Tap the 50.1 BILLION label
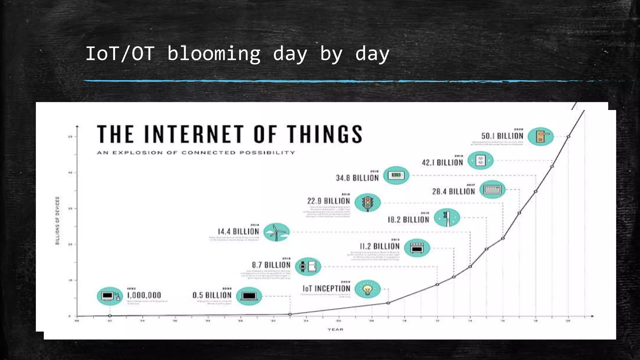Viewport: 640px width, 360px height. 502,136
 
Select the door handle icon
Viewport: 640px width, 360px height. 541,137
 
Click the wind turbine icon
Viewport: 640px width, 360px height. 276,232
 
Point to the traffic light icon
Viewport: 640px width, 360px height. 368,202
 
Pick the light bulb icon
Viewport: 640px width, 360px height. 368,289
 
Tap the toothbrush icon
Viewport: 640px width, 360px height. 447,217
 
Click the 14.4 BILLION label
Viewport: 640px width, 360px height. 238,232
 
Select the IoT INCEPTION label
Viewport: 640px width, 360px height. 326,288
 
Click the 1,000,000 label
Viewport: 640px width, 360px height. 144,295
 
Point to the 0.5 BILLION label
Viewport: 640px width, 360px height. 212,295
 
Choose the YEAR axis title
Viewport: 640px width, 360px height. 335,329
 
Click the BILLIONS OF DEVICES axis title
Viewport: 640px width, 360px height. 57,221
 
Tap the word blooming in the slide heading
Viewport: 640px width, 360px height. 214,54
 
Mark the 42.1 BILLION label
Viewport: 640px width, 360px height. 442,162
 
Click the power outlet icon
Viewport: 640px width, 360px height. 480,161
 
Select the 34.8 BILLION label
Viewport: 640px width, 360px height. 357,178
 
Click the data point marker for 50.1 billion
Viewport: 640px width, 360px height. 568,137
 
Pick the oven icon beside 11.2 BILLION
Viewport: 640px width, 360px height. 417,248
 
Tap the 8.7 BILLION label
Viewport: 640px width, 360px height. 271,265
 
